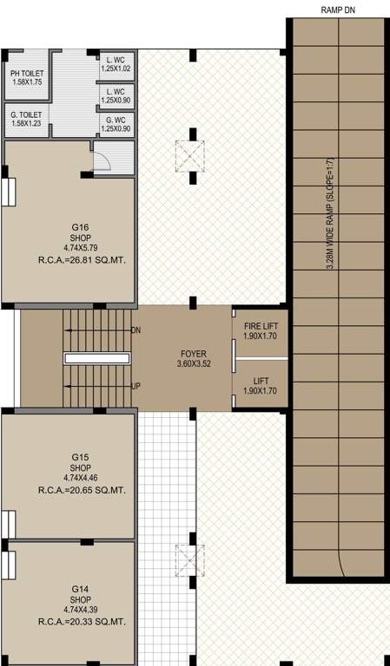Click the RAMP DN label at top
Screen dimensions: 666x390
pyautogui.click(x=338, y=10)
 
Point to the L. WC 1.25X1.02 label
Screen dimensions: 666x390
pyautogui.click(x=116, y=63)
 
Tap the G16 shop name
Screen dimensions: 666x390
pyautogui.click(x=80, y=226)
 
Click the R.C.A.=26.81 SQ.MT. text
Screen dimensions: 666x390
pyautogui.click(x=81, y=259)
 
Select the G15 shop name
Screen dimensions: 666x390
pyautogui.click(x=81, y=456)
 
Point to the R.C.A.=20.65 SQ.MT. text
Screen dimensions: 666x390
pyautogui.click(x=81, y=490)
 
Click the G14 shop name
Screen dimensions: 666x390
pyautogui.click(x=81, y=589)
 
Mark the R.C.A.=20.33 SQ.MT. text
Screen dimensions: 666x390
pyautogui.click(x=81, y=622)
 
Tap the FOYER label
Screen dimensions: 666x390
pyautogui.click(x=194, y=354)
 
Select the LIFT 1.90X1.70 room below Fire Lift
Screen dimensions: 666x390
pyautogui.click(x=261, y=385)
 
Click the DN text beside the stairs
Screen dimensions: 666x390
pyautogui.click(x=136, y=331)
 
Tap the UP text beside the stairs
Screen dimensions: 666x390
pyautogui.click(x=136, y=385)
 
